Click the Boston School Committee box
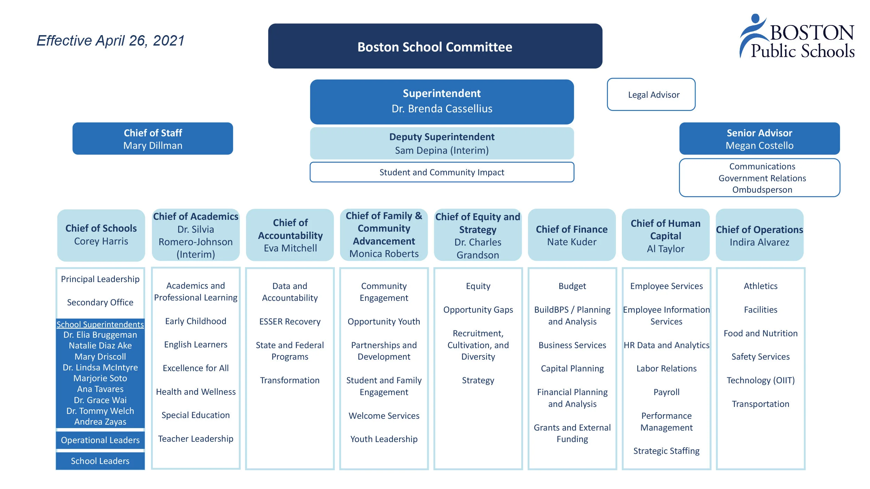point(435,46)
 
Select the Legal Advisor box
point(651,95)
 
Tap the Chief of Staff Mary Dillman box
point(153,139)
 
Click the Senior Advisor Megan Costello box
point(759,139)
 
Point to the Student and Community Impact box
point(442,172)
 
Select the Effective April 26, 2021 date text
point(110,41)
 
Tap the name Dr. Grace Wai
point(100,400)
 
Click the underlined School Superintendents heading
point(100,324)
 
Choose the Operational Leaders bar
point(100,440)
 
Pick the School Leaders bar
point(100,461)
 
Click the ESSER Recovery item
point(290,321)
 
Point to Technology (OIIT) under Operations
point(760,380)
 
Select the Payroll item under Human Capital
point(666,392)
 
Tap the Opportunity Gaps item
point(478,310)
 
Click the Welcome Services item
point(384,416)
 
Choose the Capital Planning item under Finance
point(572,368)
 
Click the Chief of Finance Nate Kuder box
point(572,235)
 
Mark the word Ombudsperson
point(762,190)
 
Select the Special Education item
point(196,415)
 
